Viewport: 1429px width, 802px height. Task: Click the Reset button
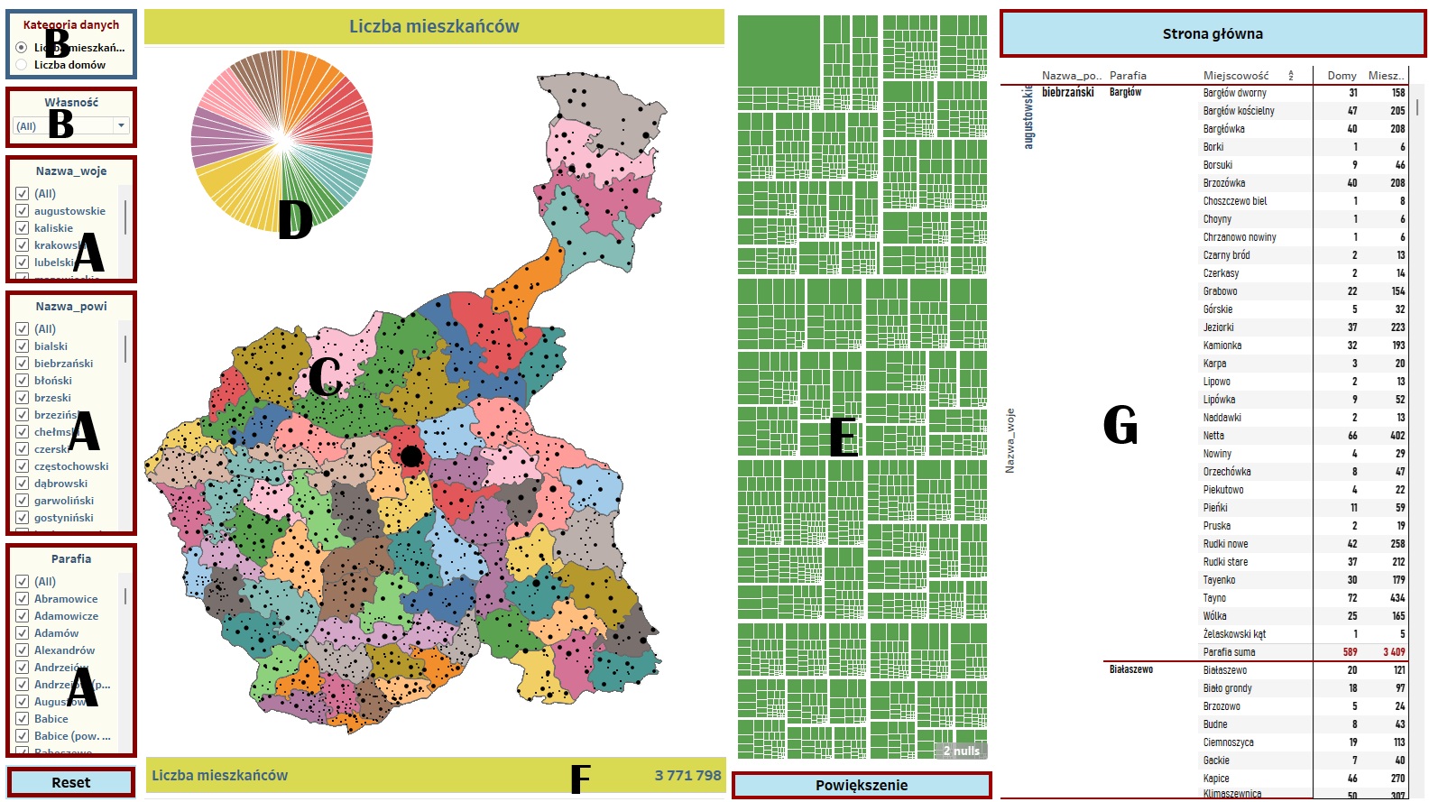(x=70, y=782)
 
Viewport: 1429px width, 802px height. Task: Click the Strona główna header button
(x=1212, y=34)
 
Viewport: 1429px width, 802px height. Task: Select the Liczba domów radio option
(x=22, y=65)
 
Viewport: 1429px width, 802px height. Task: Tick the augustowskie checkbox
(x=23, y=211)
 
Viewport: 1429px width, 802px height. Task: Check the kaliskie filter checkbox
(x=23, y=228)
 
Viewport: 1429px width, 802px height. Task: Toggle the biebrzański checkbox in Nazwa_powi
(x=23, y=364)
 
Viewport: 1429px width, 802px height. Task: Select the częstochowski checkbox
(x=23, y=466)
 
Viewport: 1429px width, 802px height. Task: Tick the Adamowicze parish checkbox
(x=23, y=616)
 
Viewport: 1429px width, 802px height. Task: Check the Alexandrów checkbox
(x=23, y=650)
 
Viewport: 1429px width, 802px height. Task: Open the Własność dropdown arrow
(x=121, y=126)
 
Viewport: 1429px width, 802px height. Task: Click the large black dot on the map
(x=411, y=456)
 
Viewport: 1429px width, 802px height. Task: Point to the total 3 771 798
(x=687, y=775)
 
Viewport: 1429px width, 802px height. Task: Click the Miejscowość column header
(x=1235, y=76)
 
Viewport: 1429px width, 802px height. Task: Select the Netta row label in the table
(x=1213, y=436)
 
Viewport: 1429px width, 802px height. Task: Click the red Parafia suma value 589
(x=1350, y=652)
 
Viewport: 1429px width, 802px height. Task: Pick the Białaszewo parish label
(x=1131, y=669)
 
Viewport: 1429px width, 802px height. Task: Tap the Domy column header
(x=1341, y=76)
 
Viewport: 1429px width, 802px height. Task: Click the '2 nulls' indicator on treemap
(x=961, y=751)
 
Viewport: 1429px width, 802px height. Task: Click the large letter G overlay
(x=1120, y=425)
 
